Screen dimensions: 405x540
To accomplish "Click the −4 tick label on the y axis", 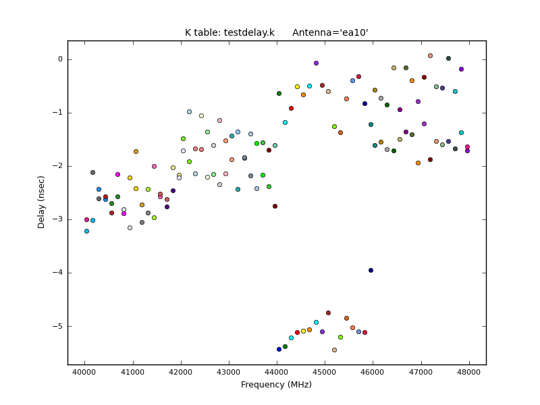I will point(59,273).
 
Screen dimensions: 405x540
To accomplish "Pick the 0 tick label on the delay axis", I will point(60,59).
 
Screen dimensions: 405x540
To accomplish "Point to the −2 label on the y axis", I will point(59,166).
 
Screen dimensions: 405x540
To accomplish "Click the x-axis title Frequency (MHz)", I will point(276,385).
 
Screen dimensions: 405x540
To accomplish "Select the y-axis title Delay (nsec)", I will point(42,202).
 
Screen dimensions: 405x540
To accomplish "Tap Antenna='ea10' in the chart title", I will point(330,32).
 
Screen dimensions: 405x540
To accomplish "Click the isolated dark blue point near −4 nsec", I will point(371,270).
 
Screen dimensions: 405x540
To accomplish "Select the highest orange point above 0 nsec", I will point(430,55).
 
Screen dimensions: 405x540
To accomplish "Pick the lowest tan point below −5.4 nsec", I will point(334,350).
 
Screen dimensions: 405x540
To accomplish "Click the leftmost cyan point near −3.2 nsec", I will point(86,231).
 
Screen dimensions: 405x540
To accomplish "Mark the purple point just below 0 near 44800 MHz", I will point(316,63).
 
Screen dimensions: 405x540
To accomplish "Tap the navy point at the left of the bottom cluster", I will point(279,349).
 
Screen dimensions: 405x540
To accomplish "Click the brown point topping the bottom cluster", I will point(328,313).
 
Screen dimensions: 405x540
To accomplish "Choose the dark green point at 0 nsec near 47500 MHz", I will point(448,58).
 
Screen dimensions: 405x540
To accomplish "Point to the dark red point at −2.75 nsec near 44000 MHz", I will point(275,206).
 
